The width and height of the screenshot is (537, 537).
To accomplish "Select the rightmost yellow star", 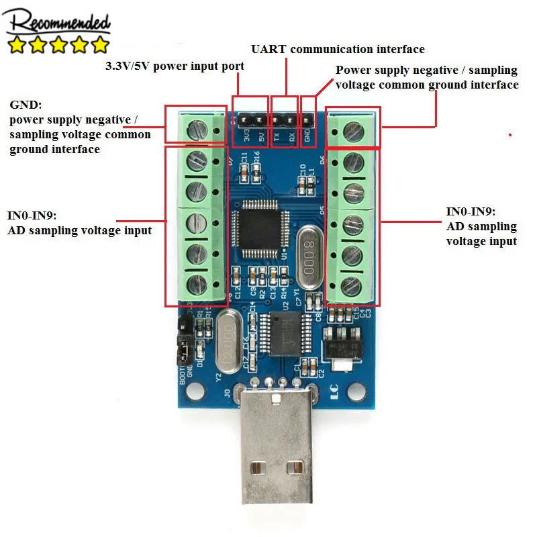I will pos(99,45).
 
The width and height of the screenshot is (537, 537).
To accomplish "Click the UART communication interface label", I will pos(338,49).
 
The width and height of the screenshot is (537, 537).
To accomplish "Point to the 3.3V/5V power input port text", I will pos(175,66).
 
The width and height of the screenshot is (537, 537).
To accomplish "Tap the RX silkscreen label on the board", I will pos(292,135).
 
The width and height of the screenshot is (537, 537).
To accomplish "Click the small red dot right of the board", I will pos(510,135).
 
